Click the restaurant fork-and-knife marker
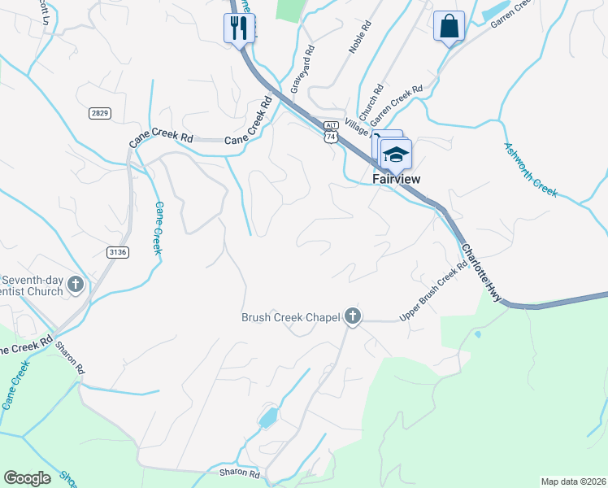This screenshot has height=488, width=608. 239,28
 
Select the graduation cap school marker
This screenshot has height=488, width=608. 396,155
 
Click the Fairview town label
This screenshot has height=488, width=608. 395,178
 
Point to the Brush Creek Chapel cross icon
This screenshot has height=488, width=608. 352,316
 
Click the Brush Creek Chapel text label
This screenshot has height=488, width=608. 290,317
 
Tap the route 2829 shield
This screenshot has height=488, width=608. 100,113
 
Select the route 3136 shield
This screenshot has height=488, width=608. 118,252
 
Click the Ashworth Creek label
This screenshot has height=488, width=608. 530,170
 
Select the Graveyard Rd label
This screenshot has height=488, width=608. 301,69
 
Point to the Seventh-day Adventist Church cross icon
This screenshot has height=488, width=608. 76,285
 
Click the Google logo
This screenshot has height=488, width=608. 28,477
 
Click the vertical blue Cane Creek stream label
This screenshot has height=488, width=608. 159,228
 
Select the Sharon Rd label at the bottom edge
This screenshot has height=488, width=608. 239,473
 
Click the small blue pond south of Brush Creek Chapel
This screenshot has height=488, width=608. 267,419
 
